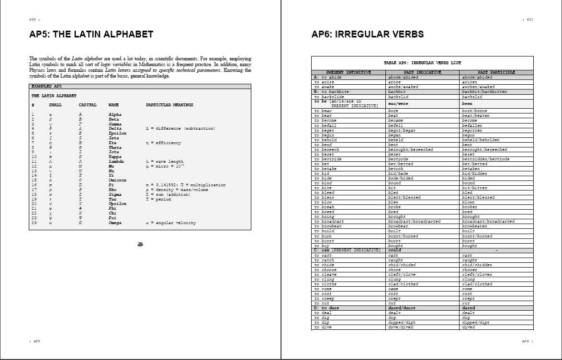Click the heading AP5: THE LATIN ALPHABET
91,34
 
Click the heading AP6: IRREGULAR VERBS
367,34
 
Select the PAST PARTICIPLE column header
496,72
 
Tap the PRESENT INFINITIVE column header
348,72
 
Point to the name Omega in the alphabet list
115,223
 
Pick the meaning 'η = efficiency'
163,143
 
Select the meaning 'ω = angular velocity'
171,223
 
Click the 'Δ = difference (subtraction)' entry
180,128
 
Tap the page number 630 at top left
33,20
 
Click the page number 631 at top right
529,20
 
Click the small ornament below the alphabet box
140,244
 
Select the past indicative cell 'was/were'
397,103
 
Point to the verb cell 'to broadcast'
329,221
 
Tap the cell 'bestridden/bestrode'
485,159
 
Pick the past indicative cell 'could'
394,250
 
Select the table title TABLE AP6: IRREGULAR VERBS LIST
422,63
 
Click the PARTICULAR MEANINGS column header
169,105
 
